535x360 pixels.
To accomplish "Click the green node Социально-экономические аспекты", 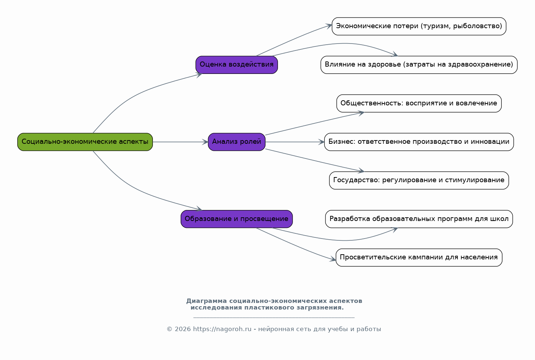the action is [85, 142].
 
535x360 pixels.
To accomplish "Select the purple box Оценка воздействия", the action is [237, 65].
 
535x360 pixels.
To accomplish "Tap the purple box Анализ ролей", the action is [237, 142].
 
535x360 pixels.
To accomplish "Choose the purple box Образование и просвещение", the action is [237, 219].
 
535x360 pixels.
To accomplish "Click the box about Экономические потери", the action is [419, 26].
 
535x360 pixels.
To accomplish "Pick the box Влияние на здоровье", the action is [419, 65].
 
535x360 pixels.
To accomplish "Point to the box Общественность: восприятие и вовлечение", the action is [419, 104].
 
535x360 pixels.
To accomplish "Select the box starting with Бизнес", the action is [419, 142].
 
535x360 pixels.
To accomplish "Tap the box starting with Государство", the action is [419, 180].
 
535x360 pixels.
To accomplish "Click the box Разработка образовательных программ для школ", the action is [419, 219].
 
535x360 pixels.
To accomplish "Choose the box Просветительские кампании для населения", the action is [419, 258].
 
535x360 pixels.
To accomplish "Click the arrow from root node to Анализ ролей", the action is [180, 142].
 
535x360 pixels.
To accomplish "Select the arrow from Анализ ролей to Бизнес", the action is [295, 142].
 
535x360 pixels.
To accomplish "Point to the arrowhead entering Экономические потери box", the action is [329, 26].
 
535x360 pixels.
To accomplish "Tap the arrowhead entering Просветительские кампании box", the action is [333, 259].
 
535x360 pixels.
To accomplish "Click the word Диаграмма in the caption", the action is [206, 301].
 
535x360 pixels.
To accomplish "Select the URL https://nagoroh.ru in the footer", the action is [222, 329].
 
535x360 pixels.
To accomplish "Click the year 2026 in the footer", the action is [183, 329].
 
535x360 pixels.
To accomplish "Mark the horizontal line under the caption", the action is [274, 318].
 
